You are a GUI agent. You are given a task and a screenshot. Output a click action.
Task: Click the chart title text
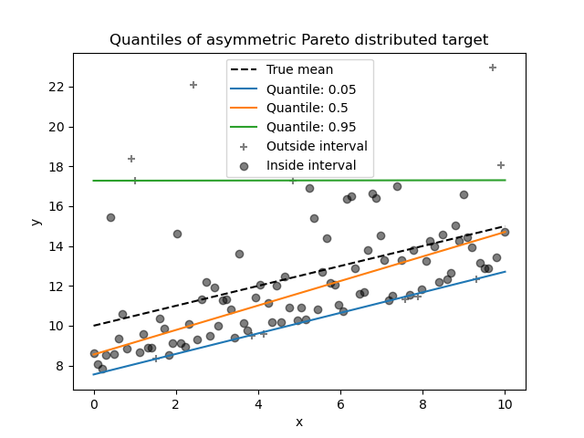pyautogui.click(x=298, y=40)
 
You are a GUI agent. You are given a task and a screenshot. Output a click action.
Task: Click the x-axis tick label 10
pyautogui.click(x=505, y=404)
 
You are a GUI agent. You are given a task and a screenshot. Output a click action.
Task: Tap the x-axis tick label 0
pyautogui.click(x=94, y=404)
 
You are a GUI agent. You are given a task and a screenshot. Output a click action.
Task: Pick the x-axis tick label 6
pyautogui.click(x=340, y=404)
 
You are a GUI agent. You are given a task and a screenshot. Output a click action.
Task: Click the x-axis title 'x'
pyautogui.click(x=298, y=422)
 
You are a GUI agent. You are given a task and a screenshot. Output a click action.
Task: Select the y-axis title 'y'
pyautogui.click(x=35, y=221)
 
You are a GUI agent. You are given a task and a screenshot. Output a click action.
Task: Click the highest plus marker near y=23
pyautogui.click(x=493, y=68)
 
